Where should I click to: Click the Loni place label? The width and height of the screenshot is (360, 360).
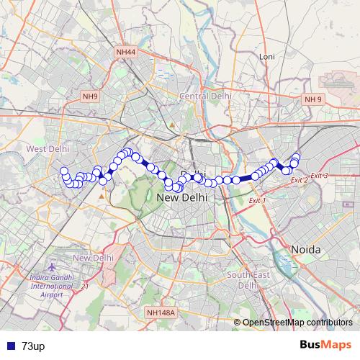tap(267, 56)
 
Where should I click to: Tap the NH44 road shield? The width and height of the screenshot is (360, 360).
tap(125, 52)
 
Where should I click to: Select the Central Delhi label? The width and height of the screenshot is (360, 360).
tap(205, 96)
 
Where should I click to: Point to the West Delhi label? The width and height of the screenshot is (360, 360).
tap(48, 148)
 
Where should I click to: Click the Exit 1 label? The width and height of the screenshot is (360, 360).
tap(257, 200)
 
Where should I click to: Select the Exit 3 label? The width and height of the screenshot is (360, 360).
tap(319, 176)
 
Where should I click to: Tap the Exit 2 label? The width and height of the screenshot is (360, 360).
tap(299, 180)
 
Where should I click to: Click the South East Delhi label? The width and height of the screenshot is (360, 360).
tap(242, 279)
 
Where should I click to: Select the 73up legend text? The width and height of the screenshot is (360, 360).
tap(33, 346)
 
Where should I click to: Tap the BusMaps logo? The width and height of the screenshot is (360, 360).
tap(325, 345)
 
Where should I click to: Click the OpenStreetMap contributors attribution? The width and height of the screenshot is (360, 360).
tap(297, 323)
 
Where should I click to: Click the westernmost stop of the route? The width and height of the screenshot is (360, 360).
tap(63, 171)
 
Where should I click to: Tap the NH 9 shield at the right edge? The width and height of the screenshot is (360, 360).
tap(313, 99)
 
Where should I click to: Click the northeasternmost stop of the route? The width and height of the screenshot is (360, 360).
tap(296, 157)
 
